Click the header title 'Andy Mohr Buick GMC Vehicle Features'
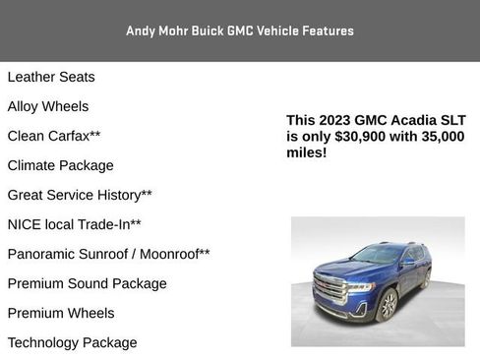tap(240, 30)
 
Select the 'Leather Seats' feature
tap(51, 77)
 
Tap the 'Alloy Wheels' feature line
tap(48, 106)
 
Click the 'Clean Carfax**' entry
tap(54, 136)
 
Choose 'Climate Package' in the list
tap(61, 165)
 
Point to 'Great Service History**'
tap(80, 195)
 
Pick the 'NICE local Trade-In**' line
tap(75, 224)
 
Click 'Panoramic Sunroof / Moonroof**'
tap(108, 254)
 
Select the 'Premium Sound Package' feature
tap(88, 283)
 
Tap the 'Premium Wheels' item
tap(61, 313)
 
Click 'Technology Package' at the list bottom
tap(73, 342)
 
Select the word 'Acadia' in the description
tap(405, 120)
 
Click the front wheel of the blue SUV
tap(388, 306)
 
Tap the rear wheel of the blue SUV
tap(426, 279)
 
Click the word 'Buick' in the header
tap(203, 30)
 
